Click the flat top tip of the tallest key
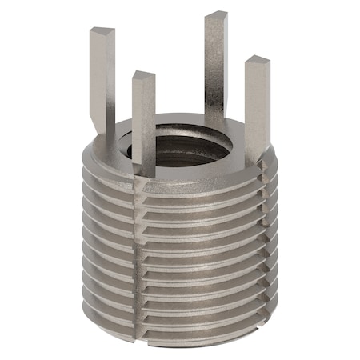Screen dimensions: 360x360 (216, 16)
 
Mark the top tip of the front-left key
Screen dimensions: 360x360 (142, 77)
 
